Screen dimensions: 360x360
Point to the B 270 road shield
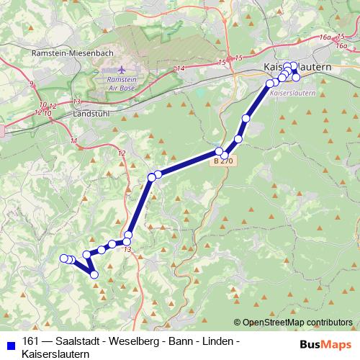pos(222,162)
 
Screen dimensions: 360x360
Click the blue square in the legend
pos(9,341)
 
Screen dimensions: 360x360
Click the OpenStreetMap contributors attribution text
pos(297,322)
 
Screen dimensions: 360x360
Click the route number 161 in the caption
pos(31,341)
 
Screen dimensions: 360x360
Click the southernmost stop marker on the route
pos(94,274)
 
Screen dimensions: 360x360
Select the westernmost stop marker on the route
pos(63,258)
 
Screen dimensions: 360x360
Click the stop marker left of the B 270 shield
pos(219,151)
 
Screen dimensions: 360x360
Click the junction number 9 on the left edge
pos(32,84)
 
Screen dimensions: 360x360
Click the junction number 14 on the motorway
pos(180,68)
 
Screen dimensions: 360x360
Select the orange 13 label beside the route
pos(127,250)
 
